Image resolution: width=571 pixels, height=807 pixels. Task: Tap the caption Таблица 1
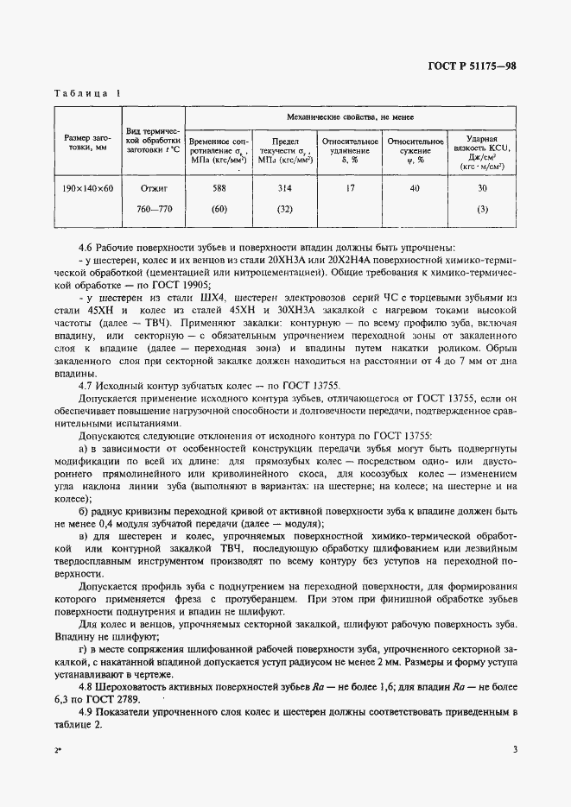(x=87, y=92)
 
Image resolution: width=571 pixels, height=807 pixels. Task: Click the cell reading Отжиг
(x=152, y=187)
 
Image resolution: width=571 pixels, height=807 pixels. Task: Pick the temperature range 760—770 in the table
(x=152, y=209)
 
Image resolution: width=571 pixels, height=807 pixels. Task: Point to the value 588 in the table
(x=219, y=187)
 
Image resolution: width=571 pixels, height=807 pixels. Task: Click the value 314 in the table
(x=284, y=187)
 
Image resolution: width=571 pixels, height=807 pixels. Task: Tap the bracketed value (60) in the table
(x=219, y=209)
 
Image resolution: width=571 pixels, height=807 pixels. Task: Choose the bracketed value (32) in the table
(x=284, y=209)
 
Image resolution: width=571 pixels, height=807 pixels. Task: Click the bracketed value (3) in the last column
(x=482, y=209)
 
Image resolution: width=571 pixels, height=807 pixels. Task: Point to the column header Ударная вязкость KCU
(x=482, y=148)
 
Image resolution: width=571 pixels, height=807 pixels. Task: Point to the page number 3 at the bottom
(x=514, y=750)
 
